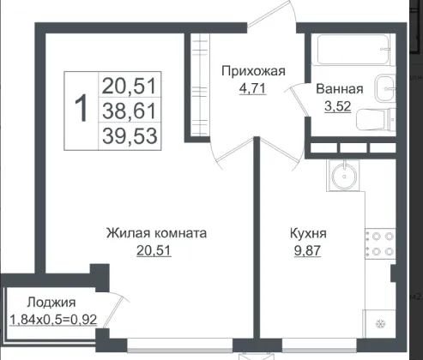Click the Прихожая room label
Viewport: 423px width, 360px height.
(253, 71)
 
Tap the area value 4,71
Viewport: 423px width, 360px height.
(252, 88)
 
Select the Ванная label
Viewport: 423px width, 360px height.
(340, 89)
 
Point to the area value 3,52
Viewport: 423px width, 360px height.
(338, 106)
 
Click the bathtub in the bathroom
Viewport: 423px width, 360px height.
(354, 49)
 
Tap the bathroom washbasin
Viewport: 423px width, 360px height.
(385, 88)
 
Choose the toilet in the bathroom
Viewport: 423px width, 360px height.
(376, 119)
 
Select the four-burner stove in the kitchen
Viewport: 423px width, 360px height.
(380, 243)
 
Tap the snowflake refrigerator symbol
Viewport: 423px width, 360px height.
(380, 324)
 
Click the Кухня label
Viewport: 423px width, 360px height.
(308, 233)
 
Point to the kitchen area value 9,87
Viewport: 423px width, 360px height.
(307, 251)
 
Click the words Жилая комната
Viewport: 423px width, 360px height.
(156, 233)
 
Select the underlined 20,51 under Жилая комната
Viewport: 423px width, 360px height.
(154, 251)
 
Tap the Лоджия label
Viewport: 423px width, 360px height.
(51, 303)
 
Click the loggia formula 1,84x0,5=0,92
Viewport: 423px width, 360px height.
(53, 320)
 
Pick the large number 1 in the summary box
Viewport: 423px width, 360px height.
(82, 109)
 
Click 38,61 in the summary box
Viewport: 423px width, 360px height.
(130, 111)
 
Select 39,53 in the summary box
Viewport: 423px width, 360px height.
(130, 135)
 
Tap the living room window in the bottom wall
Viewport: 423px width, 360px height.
(180, 345)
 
